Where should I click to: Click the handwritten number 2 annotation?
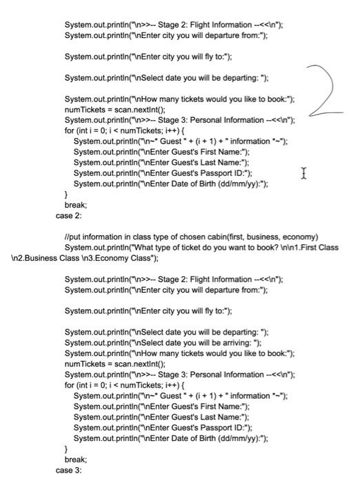click(x=331, y=89)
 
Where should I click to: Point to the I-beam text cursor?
click(x=304, y=173)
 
